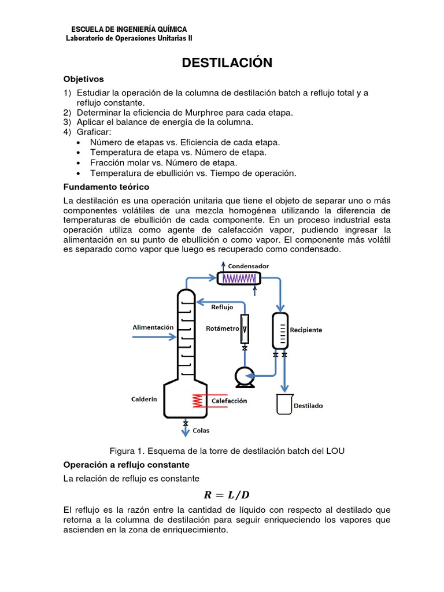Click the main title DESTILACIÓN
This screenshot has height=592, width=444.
(227, 63)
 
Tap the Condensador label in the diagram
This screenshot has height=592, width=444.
(248, 266)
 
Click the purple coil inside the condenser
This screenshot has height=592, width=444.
(239, 278)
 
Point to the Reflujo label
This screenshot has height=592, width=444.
(222, 308)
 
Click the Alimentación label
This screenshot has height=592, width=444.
(153, 327)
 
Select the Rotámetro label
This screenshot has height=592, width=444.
(222, 328)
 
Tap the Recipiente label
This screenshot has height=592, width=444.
(306, 330)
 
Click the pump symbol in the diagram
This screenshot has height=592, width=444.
(243, 377)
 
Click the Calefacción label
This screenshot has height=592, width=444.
(229, 401)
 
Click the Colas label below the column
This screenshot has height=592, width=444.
(201, 431)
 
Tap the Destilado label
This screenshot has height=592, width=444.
(309, 406)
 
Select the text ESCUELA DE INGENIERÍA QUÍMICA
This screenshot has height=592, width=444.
(128, 29)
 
